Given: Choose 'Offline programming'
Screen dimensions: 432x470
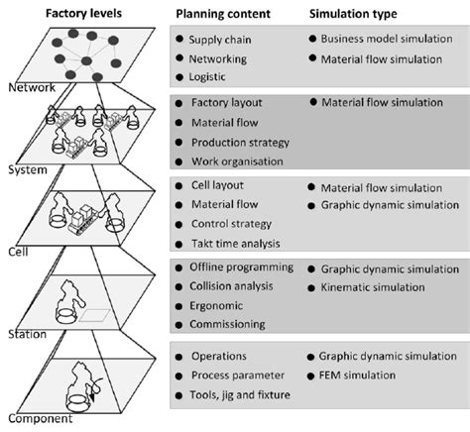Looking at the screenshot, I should [x=242, y=268].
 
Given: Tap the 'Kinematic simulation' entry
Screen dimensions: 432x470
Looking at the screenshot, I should [x=376, y=287].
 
